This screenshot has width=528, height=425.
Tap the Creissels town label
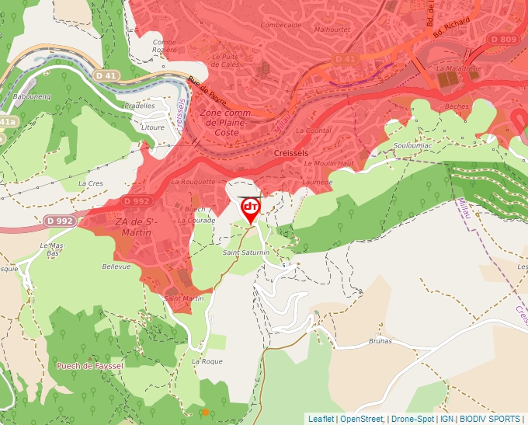[x=292, y=154]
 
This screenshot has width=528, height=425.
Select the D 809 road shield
[x=502, y=39]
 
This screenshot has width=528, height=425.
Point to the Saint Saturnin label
[x=245, y=253]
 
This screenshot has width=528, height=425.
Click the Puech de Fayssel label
[x=89, y=365]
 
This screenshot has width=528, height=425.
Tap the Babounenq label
[x=32, y=96]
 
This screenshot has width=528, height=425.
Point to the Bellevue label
[x=116, y=266]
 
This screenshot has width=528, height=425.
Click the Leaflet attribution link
[x=321, y=419]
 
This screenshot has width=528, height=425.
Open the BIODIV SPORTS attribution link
[x=490, y=419]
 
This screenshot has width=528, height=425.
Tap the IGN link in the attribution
[x=446, y=419]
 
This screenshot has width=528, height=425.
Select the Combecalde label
[x=281, y=25]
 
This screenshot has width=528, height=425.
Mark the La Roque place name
[x=207, y=361]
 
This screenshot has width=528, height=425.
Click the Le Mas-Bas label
[x=53, y=249]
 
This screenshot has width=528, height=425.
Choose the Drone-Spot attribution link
[x=413, y=419]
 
